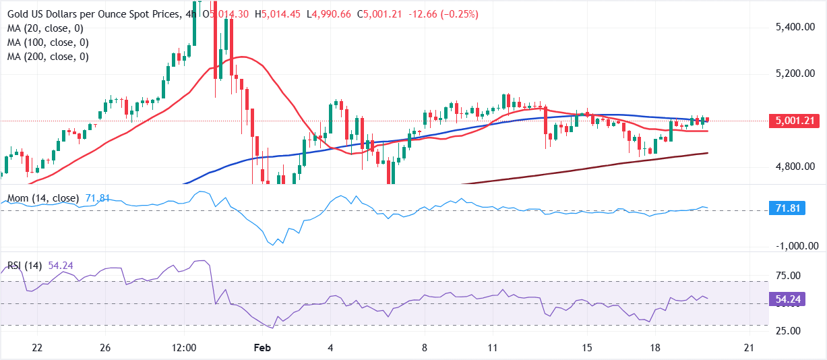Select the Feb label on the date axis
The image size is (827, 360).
pyautogui.click(x=260, y=348)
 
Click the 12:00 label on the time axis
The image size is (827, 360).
pyautogui.click(x=184, y=348)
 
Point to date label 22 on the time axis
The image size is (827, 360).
pyautogui.click(x=37, y=348)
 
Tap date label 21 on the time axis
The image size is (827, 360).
pyautogui.click(x=748, y=348)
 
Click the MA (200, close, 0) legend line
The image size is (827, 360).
pyautogui.click(x=47, y=57)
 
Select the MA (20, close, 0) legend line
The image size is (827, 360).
pyautogui.click(x=44, y=28)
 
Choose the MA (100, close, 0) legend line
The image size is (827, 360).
pyautogui.click(x=47, y=42)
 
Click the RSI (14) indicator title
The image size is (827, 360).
pyautogui.click(x=25, y=266)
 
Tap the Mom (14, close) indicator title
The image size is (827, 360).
pyautogui.click(x=42, y=199)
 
